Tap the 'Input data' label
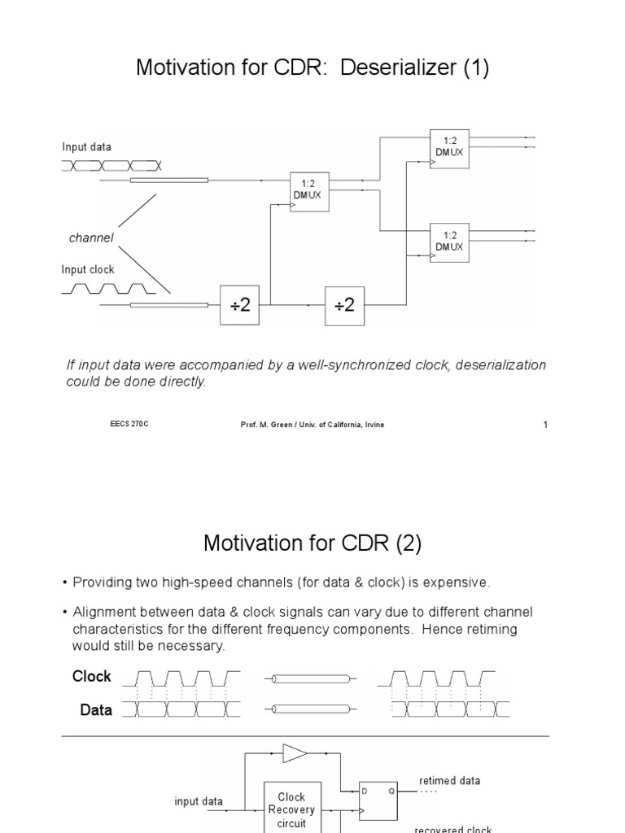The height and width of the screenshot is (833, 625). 86,147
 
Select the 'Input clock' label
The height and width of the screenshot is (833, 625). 88,269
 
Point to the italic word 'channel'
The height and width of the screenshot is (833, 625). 91,238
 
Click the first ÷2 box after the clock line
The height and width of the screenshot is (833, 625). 239,305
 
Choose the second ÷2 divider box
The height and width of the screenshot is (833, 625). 345,305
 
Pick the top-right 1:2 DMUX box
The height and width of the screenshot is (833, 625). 449,147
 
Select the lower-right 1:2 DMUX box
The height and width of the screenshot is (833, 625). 449,241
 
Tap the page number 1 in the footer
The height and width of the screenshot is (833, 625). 545,425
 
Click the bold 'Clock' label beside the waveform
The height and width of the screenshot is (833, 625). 92,677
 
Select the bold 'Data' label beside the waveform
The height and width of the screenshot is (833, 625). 96,710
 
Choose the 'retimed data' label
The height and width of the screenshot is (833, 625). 449,780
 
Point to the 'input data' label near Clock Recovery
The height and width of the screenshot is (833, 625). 199,801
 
